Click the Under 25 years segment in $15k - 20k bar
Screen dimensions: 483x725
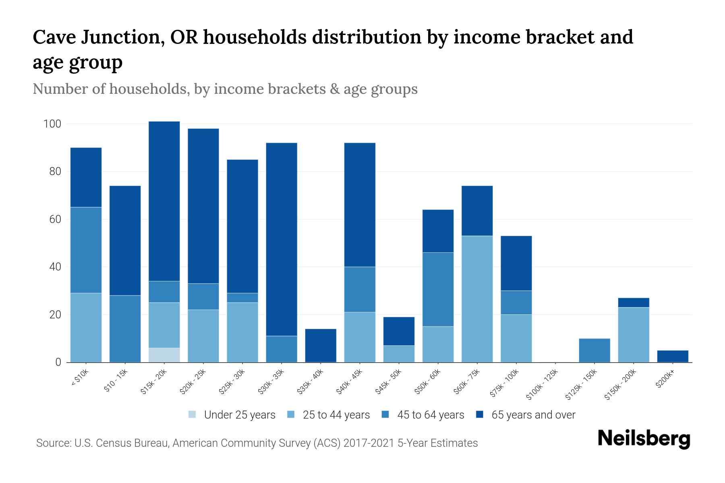click(x=164, y=355)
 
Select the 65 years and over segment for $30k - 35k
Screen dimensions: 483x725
click(x=282, y=239)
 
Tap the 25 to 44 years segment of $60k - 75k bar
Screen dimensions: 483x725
click(x=477, y=299)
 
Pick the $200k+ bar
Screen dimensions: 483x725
click(x=673, y=356)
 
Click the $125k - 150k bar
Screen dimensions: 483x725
click(x=594, y=350)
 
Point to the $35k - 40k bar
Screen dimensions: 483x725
click(x=321, y=345)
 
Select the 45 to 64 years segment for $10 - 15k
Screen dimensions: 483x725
click(x=125, y=328)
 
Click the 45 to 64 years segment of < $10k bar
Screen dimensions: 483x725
click(x=86, y=250)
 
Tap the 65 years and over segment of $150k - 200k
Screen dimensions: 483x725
click(x=634, y=302)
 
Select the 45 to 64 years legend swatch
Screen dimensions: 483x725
click(x=385, y=415)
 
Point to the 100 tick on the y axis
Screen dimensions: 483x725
click(x=52, y=124)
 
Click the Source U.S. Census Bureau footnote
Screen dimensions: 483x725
click(x=257, y=443)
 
